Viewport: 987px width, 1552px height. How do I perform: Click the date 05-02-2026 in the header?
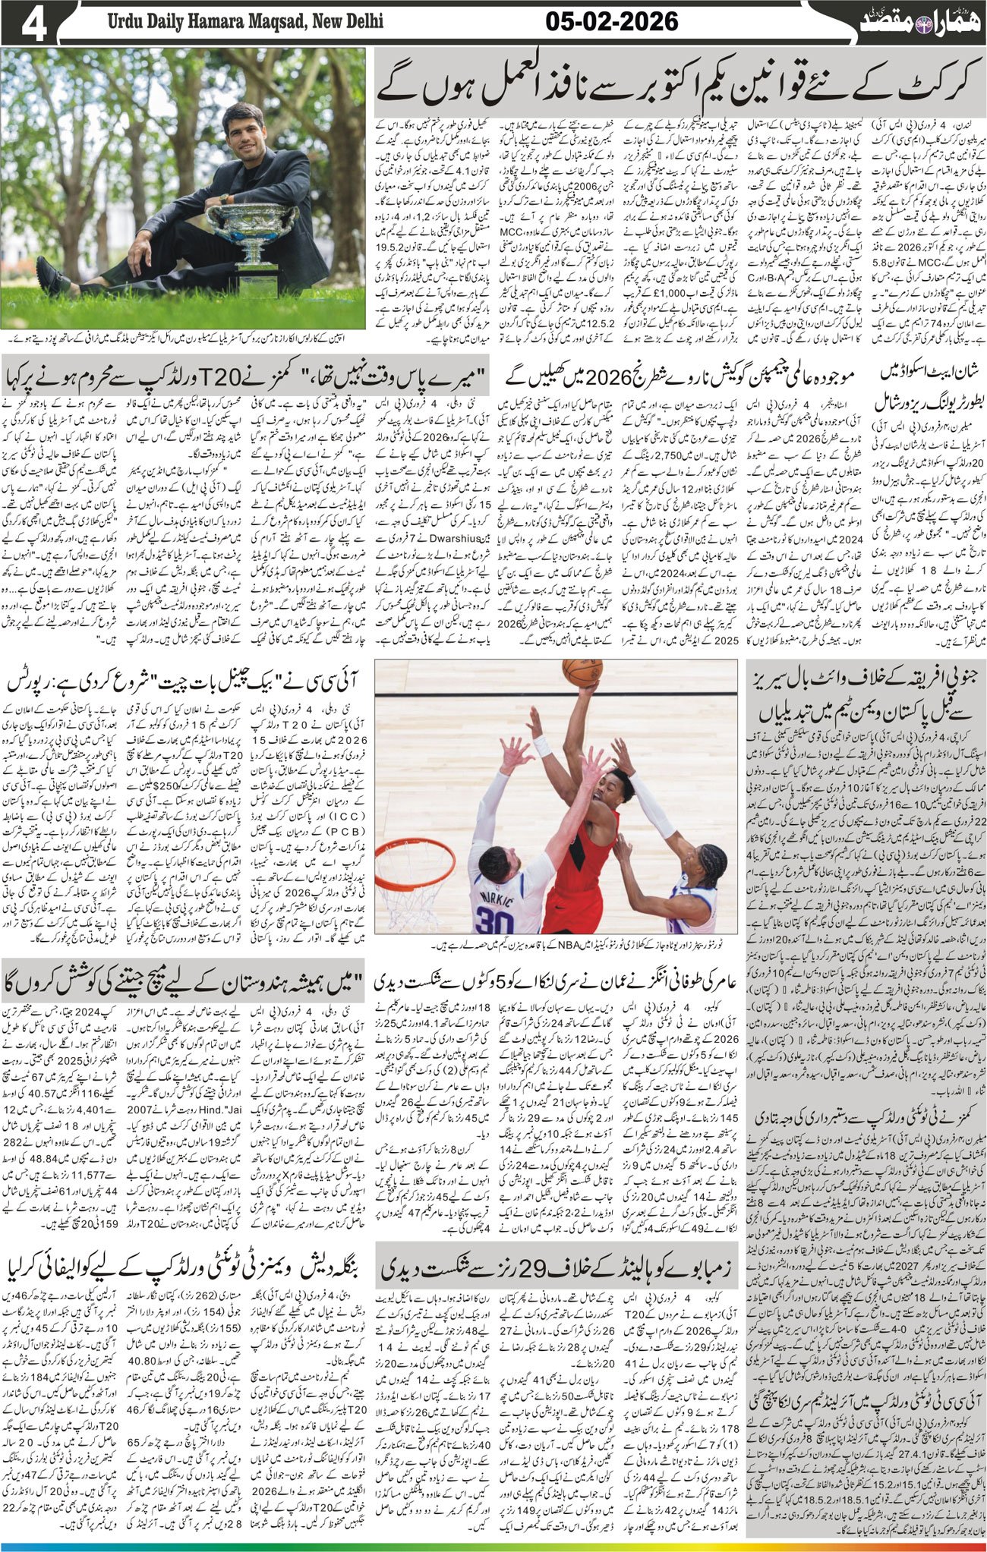coord(611,22)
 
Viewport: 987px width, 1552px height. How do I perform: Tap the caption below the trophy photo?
coord(182,341)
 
